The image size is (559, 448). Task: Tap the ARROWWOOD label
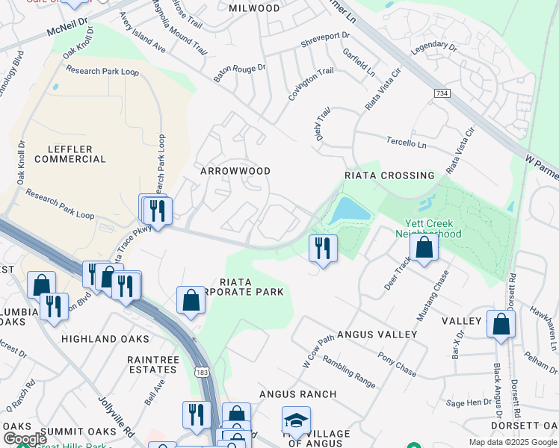click(x=235, y=171)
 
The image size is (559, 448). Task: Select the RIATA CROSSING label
click(x=389, y=175)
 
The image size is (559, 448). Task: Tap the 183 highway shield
click(x=203, y=372)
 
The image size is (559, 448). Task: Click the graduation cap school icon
click(x=296, y=421)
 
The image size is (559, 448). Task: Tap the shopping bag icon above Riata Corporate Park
click(x=191, y=299)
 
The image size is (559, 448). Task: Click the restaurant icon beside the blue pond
click(x=323, y=247)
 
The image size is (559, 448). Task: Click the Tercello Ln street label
click(x=406, y=141)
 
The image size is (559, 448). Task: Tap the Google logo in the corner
click(x=24, y=439)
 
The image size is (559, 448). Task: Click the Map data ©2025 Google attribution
click(x=512, y=442)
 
